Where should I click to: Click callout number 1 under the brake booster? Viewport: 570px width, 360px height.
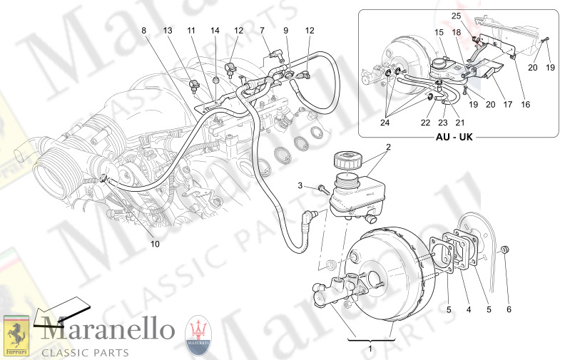[369, 349]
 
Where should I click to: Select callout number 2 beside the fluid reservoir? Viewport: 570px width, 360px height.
[389, 148]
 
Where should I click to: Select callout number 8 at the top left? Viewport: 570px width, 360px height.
[143, 31]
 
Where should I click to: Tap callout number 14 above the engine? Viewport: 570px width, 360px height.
[215, 31]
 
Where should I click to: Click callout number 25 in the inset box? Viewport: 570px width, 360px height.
[456, 15]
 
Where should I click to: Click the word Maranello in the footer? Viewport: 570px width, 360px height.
[107, 331]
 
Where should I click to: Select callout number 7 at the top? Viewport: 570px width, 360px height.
[262, 31]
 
